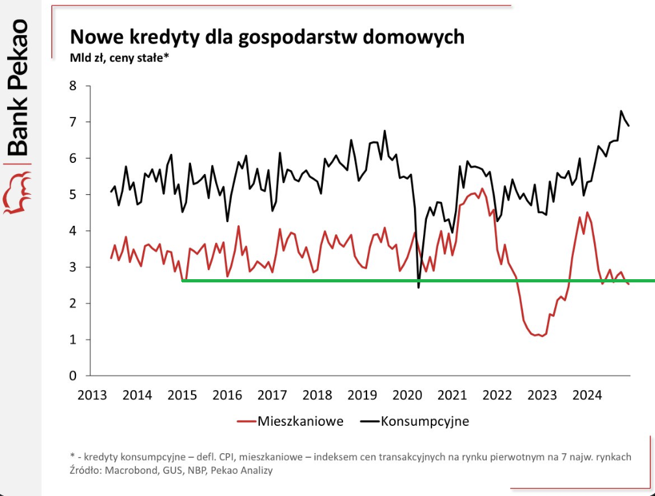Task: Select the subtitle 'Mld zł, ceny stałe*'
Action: tap(120, 58)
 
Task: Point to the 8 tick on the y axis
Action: tap(72, 86)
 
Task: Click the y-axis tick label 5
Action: tap(72, 195)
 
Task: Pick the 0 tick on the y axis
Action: tap(72, 376)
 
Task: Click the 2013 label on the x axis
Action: tap(92, 395)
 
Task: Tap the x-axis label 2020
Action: tap(407, 395)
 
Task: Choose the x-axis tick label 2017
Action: tap(272, 395)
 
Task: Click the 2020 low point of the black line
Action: tap(418, 287)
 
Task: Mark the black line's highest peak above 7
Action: tap(621, 111)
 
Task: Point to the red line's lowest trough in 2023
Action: tap(541, 336)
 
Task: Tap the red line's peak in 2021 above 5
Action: tap(482, 189)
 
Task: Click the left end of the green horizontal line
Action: tap(183, 280)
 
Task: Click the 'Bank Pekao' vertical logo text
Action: tap(19, 87)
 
